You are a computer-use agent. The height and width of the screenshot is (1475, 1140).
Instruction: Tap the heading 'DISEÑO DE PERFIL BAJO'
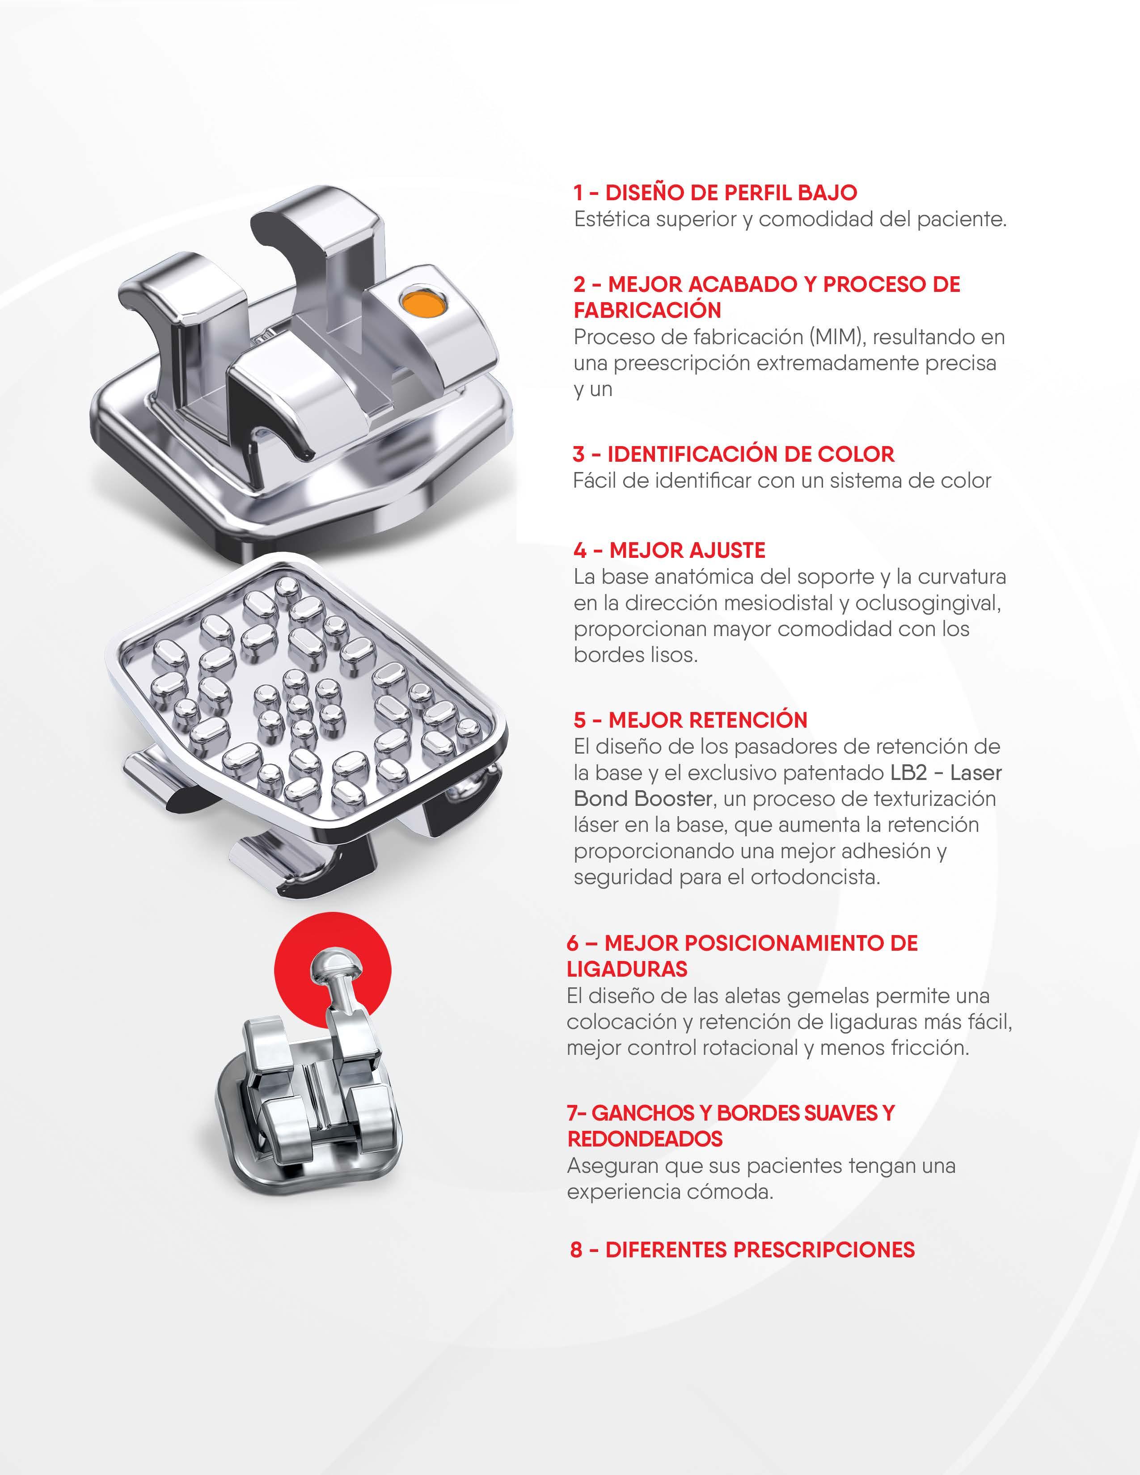coord(731,193)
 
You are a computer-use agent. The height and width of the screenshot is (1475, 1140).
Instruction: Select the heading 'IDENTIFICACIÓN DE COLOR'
coord(751,454)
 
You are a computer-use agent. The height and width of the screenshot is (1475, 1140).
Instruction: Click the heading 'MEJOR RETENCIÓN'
coord(708,720)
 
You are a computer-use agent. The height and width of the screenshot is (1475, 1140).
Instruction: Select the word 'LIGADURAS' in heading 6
coord(627,969)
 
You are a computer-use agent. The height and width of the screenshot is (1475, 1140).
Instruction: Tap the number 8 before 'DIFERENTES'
coord(576,1249)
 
